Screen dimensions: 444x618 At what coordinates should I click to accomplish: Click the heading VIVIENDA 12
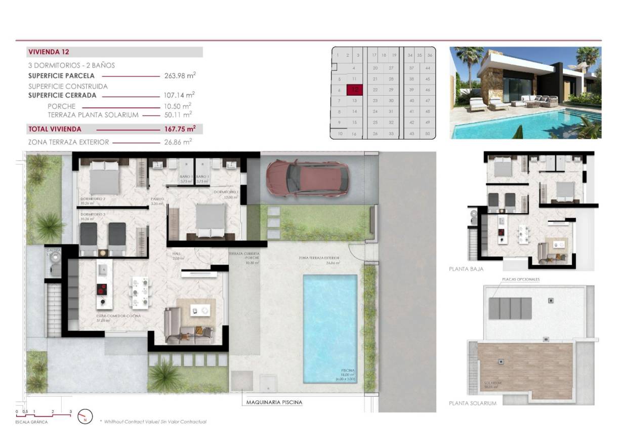point(49,52)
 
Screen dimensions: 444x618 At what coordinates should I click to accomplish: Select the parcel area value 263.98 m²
point(180,76)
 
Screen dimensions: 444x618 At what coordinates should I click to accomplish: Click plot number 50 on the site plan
point(428,134)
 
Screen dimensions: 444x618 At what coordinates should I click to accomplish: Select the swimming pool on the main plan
point(329,328)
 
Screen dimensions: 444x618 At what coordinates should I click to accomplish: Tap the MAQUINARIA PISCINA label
point(274,403)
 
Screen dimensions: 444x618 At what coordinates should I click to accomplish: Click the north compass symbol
point(85,417)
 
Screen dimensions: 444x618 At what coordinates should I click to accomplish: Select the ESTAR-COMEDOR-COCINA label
point(118,315)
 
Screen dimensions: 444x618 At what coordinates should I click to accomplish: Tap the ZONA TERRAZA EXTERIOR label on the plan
point(319,258)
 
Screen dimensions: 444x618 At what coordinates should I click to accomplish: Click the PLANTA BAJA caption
point(466,269)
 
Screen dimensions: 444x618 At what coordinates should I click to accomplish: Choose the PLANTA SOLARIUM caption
point(473,403)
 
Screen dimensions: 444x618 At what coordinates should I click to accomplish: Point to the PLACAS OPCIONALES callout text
point(521,279)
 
